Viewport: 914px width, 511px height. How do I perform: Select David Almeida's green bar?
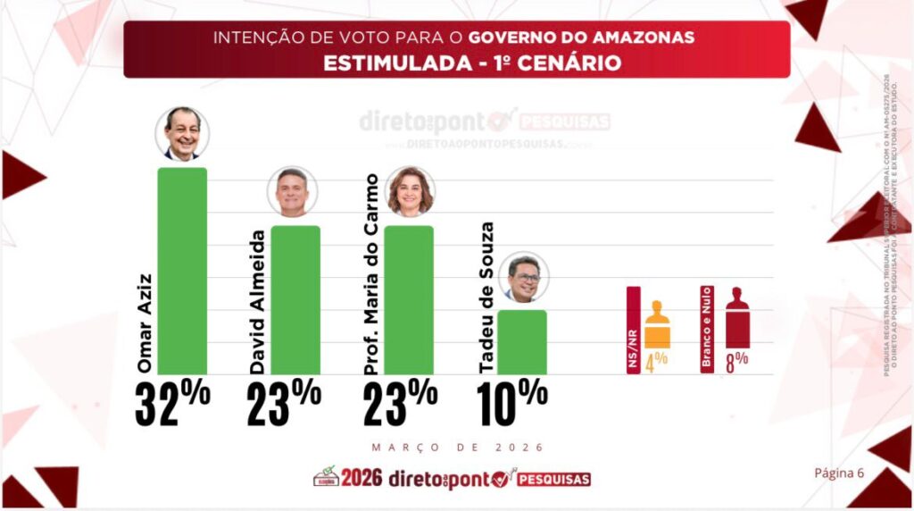click(295, 299)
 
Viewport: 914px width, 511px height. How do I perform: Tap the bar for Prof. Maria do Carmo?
click(409, 299)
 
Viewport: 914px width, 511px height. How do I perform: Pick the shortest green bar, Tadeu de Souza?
click(522, 341)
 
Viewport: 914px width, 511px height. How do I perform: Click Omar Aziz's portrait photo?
click(182, 134)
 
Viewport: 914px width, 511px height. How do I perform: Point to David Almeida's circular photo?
click(292, 191)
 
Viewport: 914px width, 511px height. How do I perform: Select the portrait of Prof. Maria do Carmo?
click(410, 191)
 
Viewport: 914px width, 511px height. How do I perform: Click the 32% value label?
click(172, 402)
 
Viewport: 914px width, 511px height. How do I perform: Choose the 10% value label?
click(512, 402)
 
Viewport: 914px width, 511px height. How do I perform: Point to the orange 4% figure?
click(657, 364)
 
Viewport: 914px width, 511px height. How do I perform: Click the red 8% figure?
click(736, 363)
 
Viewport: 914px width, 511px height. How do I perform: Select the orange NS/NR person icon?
click(657, 324)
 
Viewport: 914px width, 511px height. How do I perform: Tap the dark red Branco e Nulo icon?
click(737, 317)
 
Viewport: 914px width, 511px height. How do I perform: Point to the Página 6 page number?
click(839, 473)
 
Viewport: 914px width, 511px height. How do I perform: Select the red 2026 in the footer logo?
click(361, 478)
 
